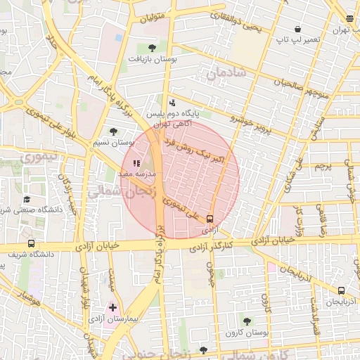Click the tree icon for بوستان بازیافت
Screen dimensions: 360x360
click(153, 48)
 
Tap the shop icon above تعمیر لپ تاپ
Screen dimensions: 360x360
click(298, 30)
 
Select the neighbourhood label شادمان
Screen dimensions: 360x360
click(226, 72)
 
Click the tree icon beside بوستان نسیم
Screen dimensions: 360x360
click(113, 131)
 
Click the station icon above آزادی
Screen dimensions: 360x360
click(209, 219)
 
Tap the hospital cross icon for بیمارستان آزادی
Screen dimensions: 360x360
click(112, 307)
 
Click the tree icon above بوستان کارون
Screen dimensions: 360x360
click(246, 321)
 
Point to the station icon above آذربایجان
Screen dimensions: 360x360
click(341, 290)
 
